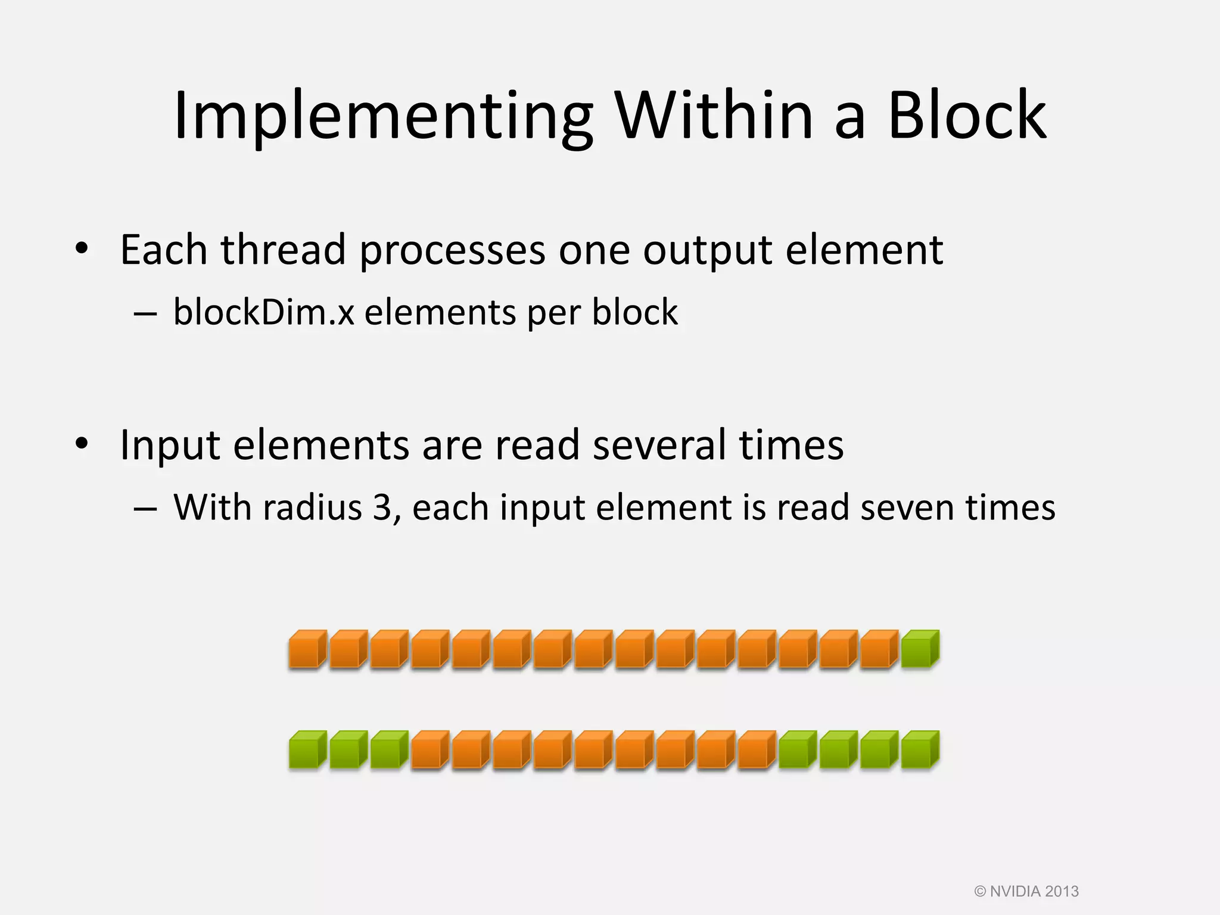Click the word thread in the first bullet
pos(283,250)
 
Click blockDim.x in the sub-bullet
pos(263,312)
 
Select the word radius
pos(312,508)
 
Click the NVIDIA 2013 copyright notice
pos(1026,892)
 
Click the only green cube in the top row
pos(919,649)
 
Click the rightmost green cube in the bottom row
pos(919,750)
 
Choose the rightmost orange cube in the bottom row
pos(756,750)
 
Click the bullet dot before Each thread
pos(82,248)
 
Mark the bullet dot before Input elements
pos(82,443)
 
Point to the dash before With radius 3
pos(145,509)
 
